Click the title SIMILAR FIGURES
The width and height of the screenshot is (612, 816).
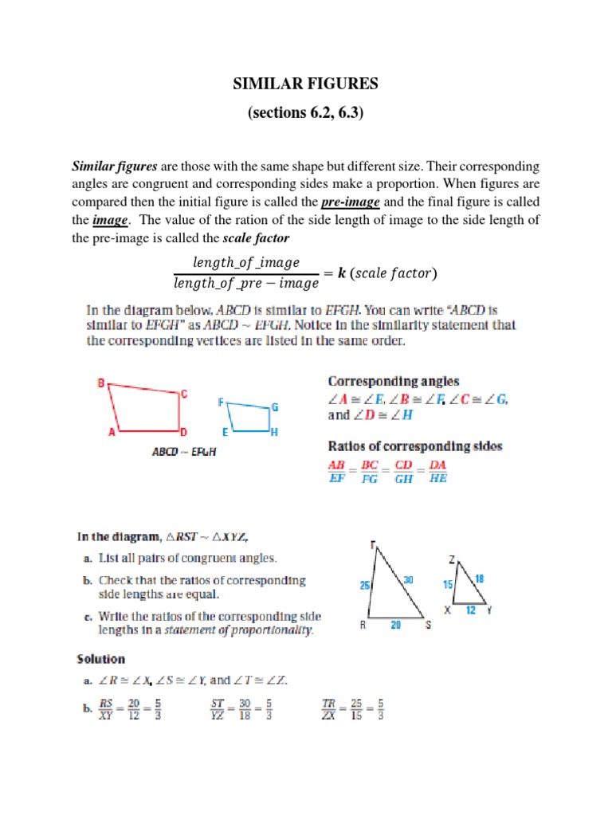pyautogui.click(x=306, y=85)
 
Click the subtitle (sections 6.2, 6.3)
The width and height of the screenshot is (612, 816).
pyautogui.click(x=306, y=114)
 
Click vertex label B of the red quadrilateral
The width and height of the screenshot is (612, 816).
pyautogui.click(x=101, y=383)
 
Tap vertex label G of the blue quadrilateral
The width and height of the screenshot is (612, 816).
pyautogui.click(x=275, y=407)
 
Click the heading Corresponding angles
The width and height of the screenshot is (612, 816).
pyautogui.click(x=394, y=382)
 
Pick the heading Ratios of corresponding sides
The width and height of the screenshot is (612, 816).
pyautogui.click(x=415, y=446)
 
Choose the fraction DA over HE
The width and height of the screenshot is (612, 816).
pyautogui.click(x=438, y=472)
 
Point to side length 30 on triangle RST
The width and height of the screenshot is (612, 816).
pyautogui.click(x=408, y=581)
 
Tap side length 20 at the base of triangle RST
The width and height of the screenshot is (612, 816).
pyautogui.click(x=396, y=626)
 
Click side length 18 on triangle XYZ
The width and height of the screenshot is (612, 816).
pyautogui.click(x=479, y=578)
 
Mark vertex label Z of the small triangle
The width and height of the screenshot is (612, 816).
pyautogui.click(x=451, y=560)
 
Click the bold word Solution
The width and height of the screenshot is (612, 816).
pyautogui.click(x=100, y=659)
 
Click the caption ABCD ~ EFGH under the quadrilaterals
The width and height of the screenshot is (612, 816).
pyautogui.click(x=184, y=451)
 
